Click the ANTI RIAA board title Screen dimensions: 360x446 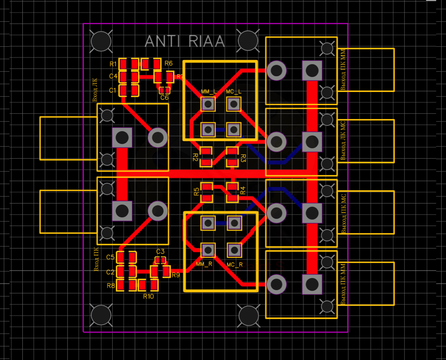[x=185, y=42]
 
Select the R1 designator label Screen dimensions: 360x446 [x=113, y=64]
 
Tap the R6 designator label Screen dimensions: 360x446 [x=169, y=63]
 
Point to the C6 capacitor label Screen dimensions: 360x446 [x=164, y=97]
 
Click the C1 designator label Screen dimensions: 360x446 [x=113, y=90]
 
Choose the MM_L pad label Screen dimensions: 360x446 [x=208, y=92]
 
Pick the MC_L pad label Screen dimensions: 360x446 [x=234, y=92]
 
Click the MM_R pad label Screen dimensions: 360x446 [x=204, y=264]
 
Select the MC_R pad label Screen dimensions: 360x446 [x=235, y=264]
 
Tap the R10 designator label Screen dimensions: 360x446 [x=148, y=296]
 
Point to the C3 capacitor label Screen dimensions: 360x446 [x=160, y=251]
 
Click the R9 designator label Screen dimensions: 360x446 [x=175, y=274]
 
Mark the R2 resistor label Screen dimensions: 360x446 [x=195, y=157]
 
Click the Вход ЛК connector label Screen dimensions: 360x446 [x=95, y=90]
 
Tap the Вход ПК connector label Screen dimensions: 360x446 [x=96, y=259]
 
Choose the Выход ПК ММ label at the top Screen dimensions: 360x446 [x=343, y=69]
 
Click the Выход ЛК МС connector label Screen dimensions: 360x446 [x=343, y=141]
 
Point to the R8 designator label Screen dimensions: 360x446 [x=111, y=285]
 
